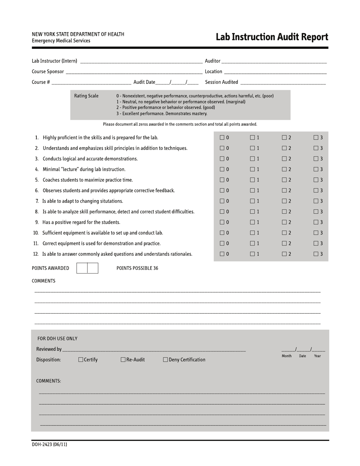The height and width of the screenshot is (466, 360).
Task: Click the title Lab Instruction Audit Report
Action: tap(272, 37)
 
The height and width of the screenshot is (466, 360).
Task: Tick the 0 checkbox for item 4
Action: tap(222, 169)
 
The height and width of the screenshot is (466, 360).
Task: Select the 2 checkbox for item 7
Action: tap(284, 201)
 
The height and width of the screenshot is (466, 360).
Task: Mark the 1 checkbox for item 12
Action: tap(252, 254)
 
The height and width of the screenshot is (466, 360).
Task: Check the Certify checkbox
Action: tap(81, 360)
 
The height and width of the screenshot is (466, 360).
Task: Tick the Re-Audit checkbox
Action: tap(123, 360)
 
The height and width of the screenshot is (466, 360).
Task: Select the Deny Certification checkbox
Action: tap(166, 360)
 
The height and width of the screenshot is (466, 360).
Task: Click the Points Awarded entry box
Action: tap(87, 268)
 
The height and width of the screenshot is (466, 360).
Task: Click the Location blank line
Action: tap(275, 72)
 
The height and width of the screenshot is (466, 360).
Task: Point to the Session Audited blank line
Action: tap(283, 83)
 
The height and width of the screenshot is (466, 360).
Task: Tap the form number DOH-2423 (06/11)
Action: tap(49, 444)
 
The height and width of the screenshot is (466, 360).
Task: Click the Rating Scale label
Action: tap(86, 96)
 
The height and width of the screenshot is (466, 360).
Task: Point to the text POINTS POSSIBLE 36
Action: tap(137, 268)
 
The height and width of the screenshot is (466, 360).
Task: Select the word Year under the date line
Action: tap(317, 356)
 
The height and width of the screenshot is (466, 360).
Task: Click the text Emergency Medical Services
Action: tap(61, 41)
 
